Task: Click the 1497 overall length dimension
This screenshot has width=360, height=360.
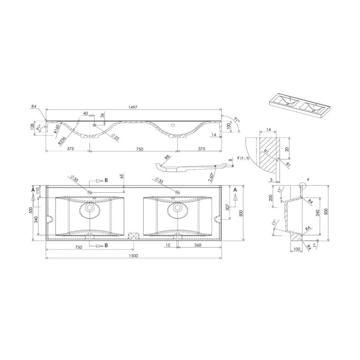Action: (133, 106)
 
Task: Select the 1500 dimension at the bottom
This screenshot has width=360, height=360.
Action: (133, 256)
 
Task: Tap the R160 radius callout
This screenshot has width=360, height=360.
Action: (57, 128)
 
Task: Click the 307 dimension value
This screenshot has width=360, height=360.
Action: (226, 208)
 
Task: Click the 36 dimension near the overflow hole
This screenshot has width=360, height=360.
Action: (102, 115)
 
